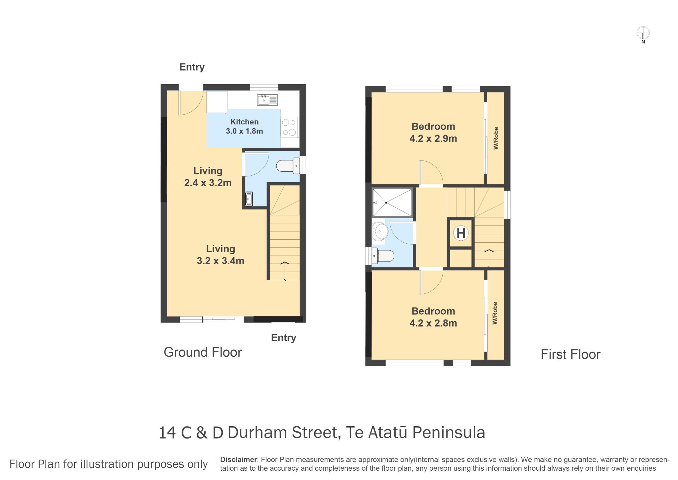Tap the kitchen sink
pos(267,100)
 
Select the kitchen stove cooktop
pos(289,128)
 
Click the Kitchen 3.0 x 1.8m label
pos(244,126)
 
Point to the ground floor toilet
pos(288,165)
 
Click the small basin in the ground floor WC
pos(249,199)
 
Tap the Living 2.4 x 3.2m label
pos(208,177)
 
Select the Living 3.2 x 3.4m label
pos(220,255)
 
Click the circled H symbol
pos(461,233)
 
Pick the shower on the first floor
pos(392,203)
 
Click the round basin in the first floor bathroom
pos(380,231)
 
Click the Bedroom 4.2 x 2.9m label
pos(433,132)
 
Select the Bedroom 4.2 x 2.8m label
pos(433,317)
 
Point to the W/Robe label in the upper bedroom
pos(496,138)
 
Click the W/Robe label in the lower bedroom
pos(495,313)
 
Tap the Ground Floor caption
pos(203,352)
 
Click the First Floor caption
pos(570,354)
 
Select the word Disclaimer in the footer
pos(238,459)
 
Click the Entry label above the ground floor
pos(192,67)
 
